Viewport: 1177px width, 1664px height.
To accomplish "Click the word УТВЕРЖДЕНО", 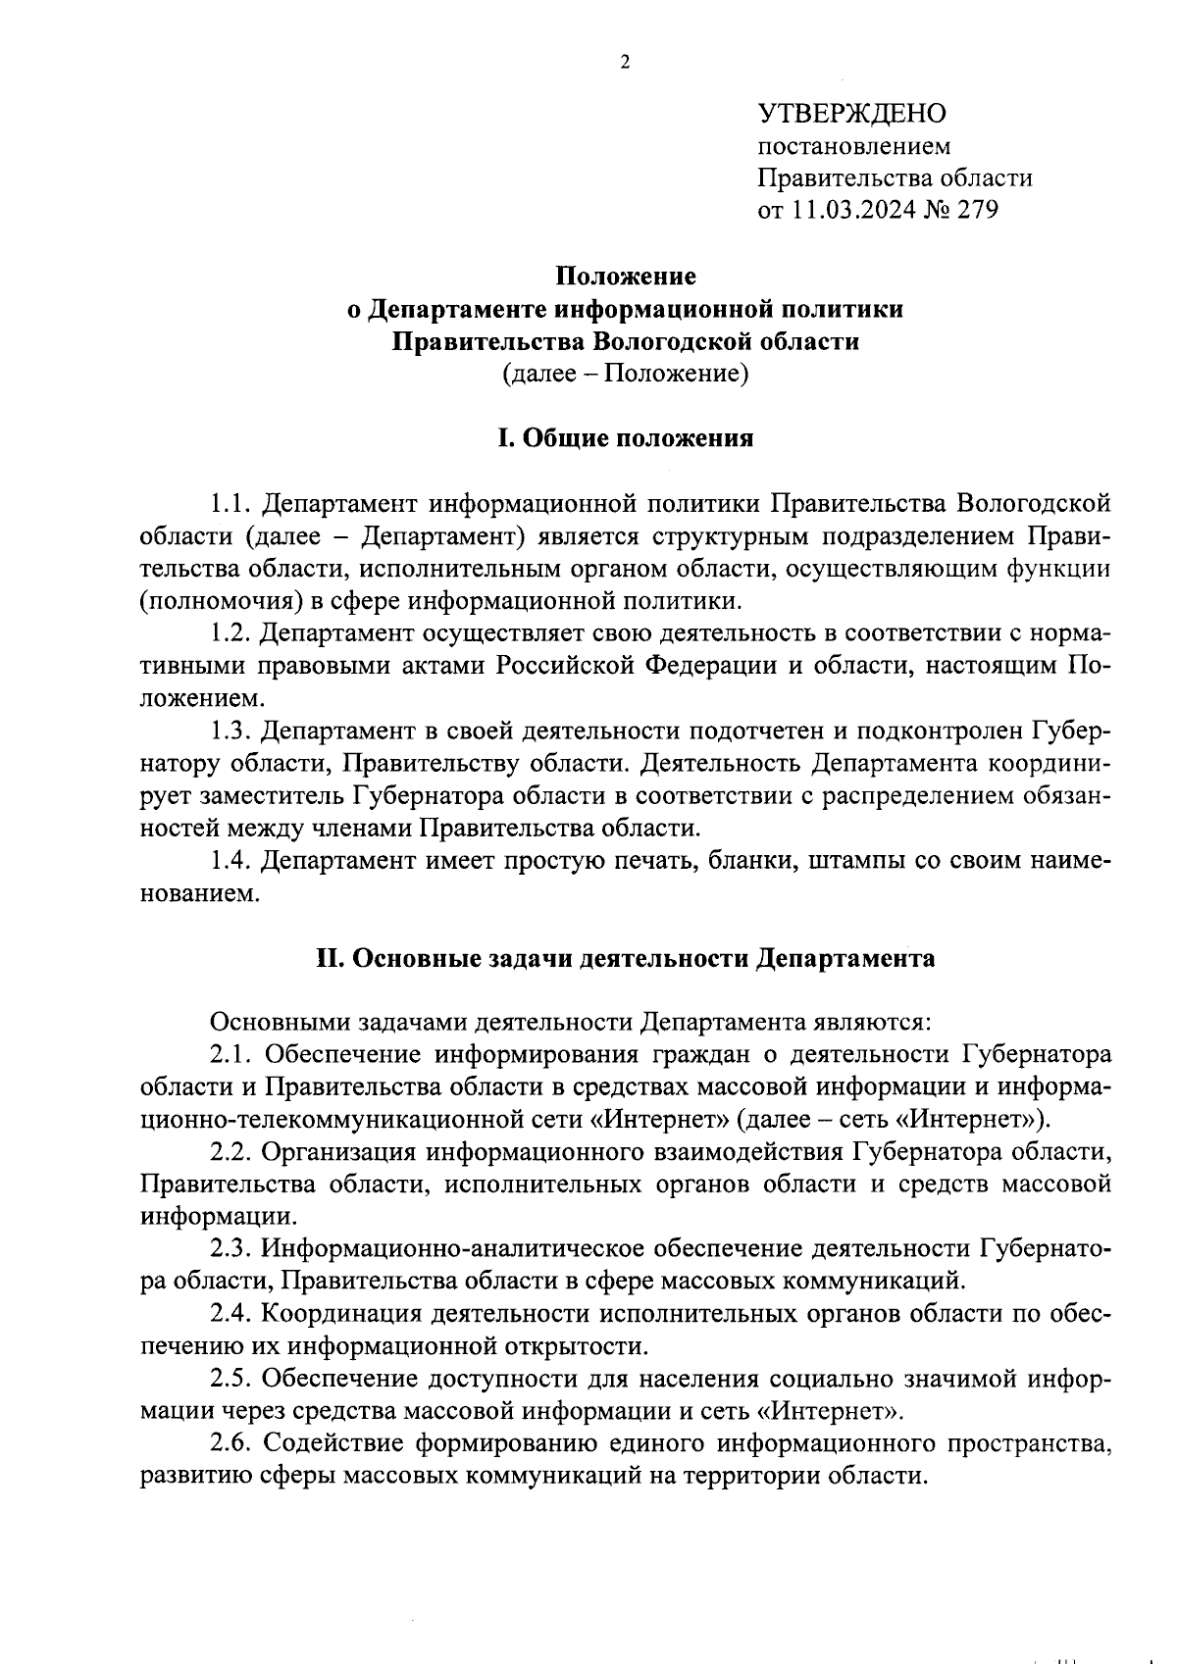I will [852, 114].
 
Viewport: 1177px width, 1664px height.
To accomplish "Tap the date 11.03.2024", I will [852, 210].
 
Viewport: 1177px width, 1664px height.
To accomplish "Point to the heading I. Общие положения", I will [626, 438].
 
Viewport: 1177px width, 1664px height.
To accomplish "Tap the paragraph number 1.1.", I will [232, 504].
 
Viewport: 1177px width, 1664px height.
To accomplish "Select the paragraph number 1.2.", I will [232, 633].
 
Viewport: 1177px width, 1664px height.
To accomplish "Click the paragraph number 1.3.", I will [232, 731].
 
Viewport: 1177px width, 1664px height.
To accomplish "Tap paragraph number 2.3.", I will [232, 1248].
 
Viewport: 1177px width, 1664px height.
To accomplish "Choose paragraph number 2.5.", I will [232, 1378].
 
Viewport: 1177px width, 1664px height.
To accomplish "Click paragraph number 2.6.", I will [232, 1442].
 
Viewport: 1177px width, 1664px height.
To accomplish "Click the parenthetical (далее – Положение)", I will [626, 374].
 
